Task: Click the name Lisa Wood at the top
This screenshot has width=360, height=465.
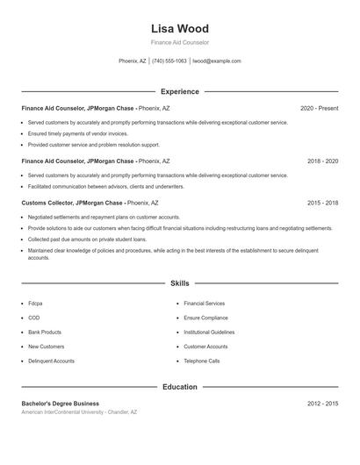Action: [x=180, y=28]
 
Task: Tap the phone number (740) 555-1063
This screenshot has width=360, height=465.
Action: [x=169, y=61]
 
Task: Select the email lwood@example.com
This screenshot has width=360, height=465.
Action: [x=217, y=61]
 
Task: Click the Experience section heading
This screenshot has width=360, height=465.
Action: [x=180, y=91]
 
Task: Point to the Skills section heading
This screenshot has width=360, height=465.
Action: [x=180, y=283]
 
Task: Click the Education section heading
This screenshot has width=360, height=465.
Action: [x=180, y=387]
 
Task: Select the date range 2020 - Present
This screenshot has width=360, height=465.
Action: [x=319, y=108]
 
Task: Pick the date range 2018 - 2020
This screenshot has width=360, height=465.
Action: [x=323, y=161]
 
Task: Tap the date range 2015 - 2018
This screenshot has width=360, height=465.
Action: [x=323, y=203]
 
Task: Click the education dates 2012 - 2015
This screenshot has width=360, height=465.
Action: [x=323, y=404]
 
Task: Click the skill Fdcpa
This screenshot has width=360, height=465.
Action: [x=35, y=304]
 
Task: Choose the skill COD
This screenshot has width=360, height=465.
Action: [x=34, y=318]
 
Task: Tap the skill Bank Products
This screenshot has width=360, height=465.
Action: [x=45, y=333]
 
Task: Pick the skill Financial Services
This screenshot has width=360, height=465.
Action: [x=204, y=304]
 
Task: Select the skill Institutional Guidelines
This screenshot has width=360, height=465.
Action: [x=209, y=333]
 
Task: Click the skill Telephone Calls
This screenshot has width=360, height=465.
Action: [x=201, y=361]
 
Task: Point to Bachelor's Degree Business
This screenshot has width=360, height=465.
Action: [x=61, y=404]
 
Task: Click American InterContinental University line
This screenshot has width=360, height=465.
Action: [x=79, y=411]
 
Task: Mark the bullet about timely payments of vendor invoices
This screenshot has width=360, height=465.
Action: [x=77, y=133]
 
